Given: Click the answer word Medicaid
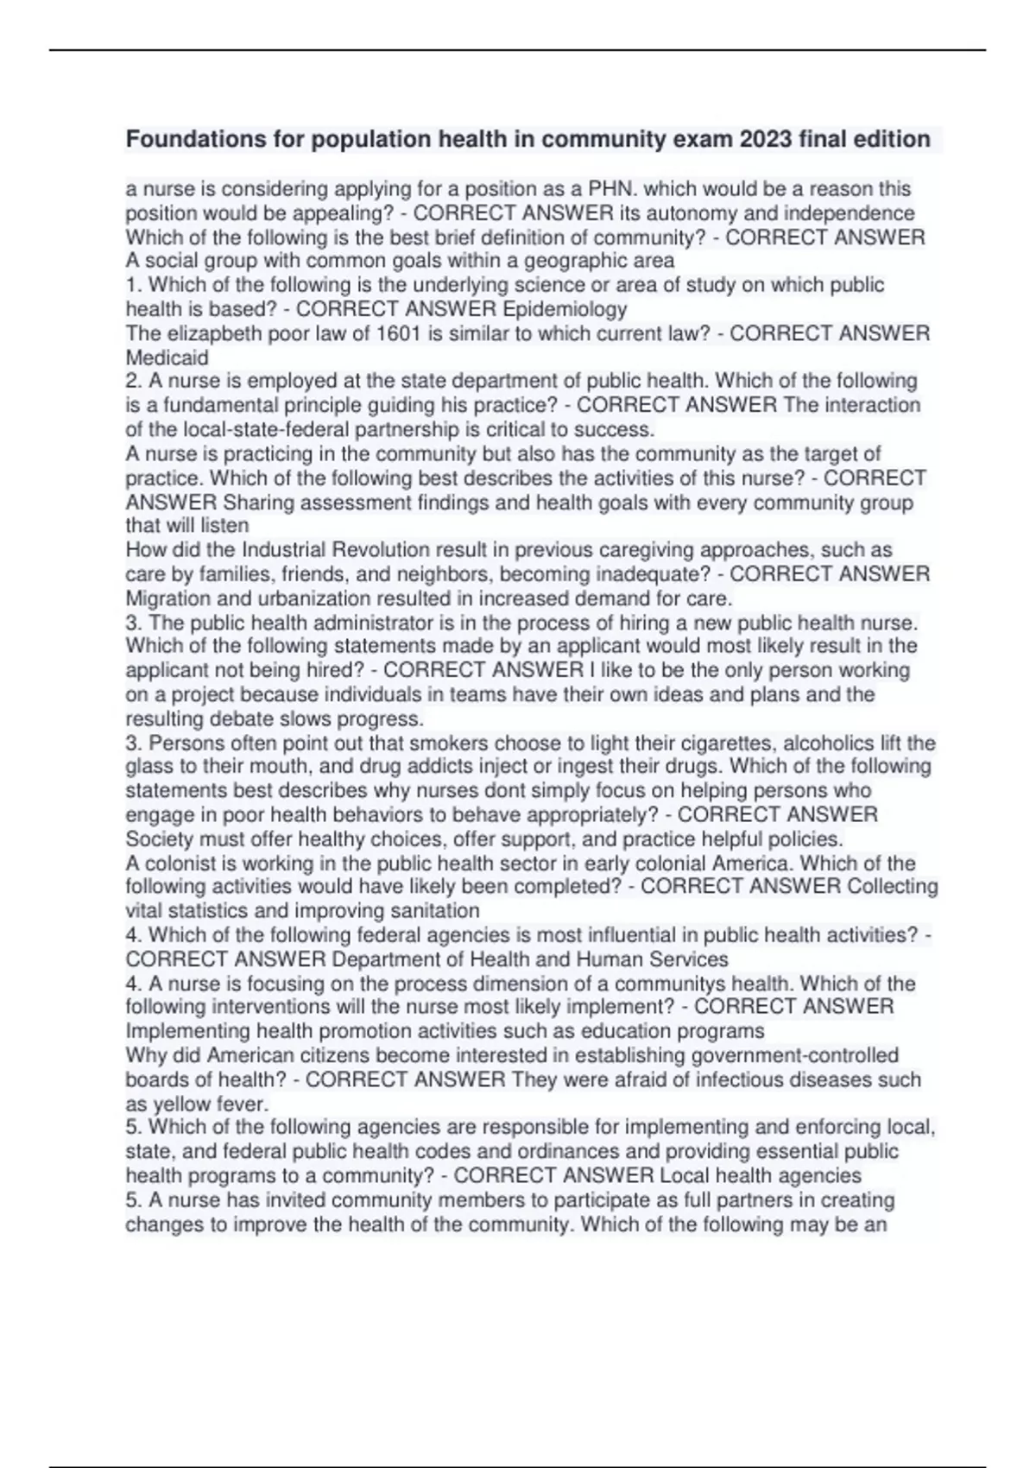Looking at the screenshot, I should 167,358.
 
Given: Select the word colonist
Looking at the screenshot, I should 180,864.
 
